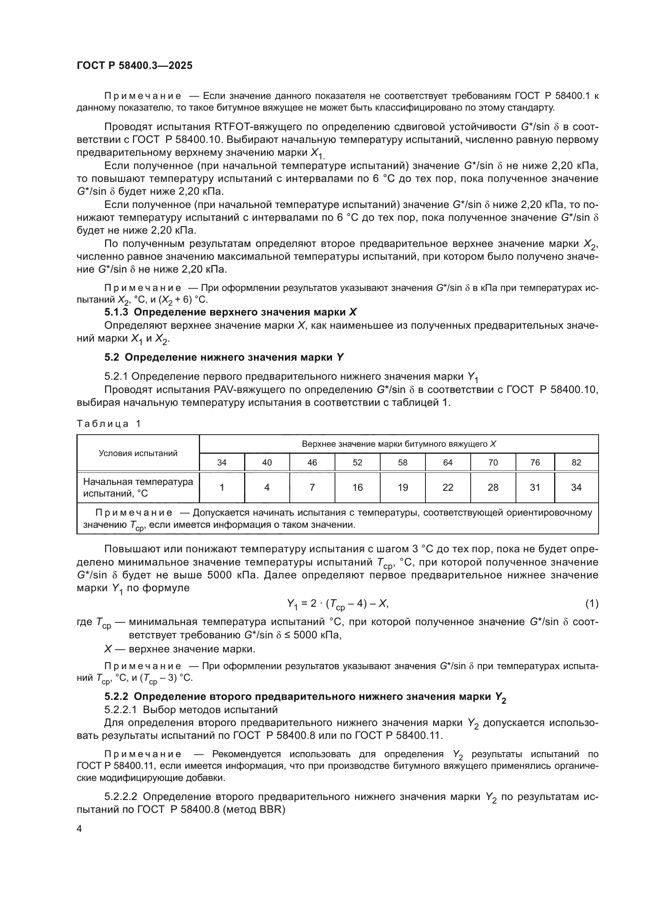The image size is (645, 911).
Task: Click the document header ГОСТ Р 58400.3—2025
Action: (x=134, y=65)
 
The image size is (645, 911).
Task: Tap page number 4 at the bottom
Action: (x=80, y=829)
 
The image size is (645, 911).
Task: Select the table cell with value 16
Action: (x=357, y=487)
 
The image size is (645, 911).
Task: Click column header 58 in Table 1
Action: (x=402, y=462)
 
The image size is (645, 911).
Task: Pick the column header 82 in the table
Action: (x=576, y=462)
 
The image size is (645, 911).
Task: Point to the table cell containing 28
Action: (x=493, y=487)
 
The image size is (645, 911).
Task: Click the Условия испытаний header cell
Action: (x=138, y=453)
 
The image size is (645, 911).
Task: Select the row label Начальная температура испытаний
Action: (x=138, y=487)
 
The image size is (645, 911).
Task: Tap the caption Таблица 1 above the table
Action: (x=108, y=424)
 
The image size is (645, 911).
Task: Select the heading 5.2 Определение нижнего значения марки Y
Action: (x=224, y=358)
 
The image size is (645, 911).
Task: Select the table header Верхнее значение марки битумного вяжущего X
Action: (x=399, y=444)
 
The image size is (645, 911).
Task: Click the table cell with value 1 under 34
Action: (x=221, y=487)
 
